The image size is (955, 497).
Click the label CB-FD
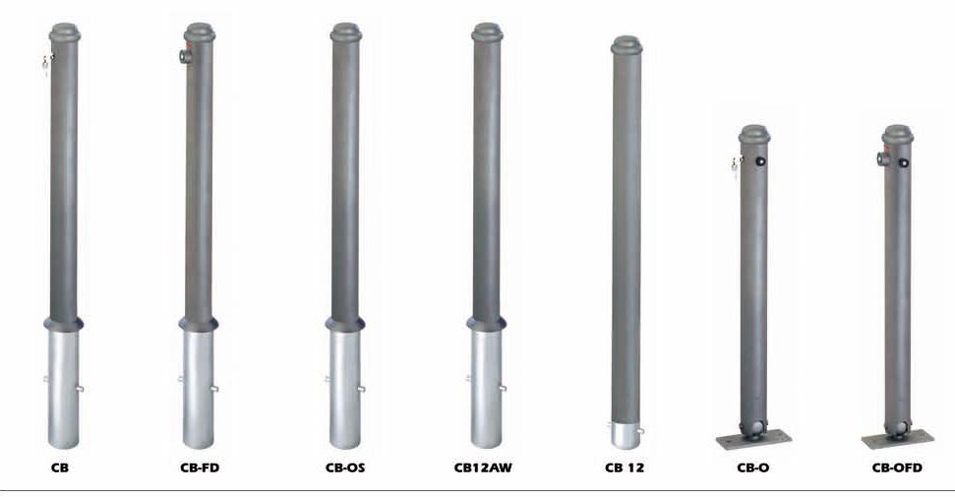[x=200, y=468]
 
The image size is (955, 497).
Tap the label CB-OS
[x=345, y=468]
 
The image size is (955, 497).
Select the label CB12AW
[x=483, y=468]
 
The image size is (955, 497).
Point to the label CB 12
[x=625, y=468]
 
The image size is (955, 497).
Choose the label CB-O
[x=752, y=468]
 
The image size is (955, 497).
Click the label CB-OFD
[x=897, y=468]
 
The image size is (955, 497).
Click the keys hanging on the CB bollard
[x=47, y=63]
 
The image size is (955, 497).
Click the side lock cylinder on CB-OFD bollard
[x=882, y=159]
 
